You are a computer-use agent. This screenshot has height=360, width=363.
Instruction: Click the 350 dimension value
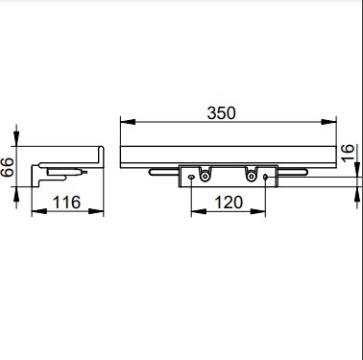coord(221,113)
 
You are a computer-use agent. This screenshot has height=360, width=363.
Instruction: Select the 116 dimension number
coord(66,203)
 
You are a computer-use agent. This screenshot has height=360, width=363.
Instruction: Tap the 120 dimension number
coord(229,203)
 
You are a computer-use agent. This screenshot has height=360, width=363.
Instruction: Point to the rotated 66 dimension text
coord(8,167)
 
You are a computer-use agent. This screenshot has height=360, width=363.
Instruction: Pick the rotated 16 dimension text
coord(348,153)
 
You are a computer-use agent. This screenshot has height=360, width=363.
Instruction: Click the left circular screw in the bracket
coord(205,177)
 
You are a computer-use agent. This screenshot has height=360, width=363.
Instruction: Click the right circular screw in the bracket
coord(251,177)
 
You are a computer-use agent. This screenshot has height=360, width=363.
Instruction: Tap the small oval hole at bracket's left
coord(191,177)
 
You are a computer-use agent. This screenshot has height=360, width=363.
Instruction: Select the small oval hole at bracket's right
coord(265,177)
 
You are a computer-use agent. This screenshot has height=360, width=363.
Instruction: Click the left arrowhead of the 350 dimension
coord(128,122)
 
